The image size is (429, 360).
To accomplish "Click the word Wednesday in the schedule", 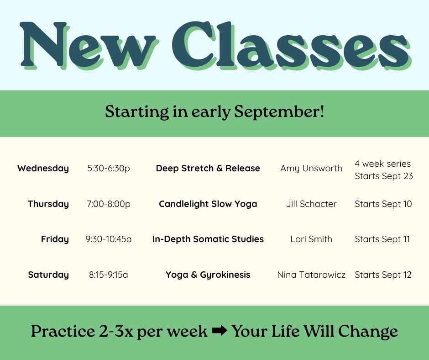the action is pos(43,168).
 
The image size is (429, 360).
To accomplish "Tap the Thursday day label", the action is pos(48,204).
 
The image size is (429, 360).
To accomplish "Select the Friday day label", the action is pos(55,239).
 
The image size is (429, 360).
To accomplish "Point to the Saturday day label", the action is pos(48,275).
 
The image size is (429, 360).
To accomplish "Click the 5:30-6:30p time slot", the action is pos(109,168).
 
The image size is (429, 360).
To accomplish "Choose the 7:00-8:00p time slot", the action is pos(109,204).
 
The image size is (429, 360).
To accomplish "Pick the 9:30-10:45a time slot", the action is pos(109,239).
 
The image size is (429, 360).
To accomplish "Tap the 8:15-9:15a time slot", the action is pos(109,275).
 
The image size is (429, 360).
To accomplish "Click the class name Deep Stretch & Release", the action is pos(208,168).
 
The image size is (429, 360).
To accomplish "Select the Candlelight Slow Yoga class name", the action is pos(208,204).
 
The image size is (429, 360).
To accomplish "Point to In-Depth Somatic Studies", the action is pos(208,239).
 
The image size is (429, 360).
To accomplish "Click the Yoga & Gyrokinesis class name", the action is pos(208,275).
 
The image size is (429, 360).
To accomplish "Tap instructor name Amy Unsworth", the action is pos(311,168).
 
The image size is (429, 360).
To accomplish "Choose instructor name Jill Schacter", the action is pos(311,204).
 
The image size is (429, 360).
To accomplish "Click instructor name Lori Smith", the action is pos(311,239).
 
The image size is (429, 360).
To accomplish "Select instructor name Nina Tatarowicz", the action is pos(311,275).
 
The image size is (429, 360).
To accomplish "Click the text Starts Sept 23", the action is pos(384,176).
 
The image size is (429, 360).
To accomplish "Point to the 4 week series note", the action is pos(383,164).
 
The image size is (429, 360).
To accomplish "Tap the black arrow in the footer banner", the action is pos(220,330).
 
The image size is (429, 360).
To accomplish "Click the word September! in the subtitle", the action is pos(279,112).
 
